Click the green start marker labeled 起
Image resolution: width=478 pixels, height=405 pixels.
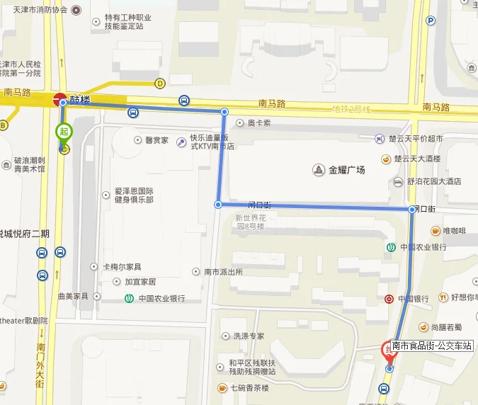pyautogui.click(x=64, y=132)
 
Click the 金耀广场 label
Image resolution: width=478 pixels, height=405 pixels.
pyautogui.click(x=347, y=170)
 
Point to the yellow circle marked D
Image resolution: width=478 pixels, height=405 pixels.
pyautogui.click(x=160, y=84)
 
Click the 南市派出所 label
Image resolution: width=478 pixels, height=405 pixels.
pyautogui.click(x=223, y=272)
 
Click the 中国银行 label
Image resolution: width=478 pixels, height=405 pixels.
pyautogui.click(x=414, y=299)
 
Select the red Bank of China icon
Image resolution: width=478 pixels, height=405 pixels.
pyautogui.click(x=389, y=299)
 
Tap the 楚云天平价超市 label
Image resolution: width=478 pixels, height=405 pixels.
pyautogui.click(x=418, y=139)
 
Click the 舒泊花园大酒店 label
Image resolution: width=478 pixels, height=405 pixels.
pyautogui.click(x=434, y=181)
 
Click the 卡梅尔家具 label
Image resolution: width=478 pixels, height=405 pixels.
pyautogui.click(x=122, y=267)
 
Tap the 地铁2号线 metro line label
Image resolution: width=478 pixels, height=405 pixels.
pyautogui.click(x=352, y=108)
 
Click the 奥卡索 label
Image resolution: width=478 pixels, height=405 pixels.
pyautogui.click(x=258, y=122)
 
